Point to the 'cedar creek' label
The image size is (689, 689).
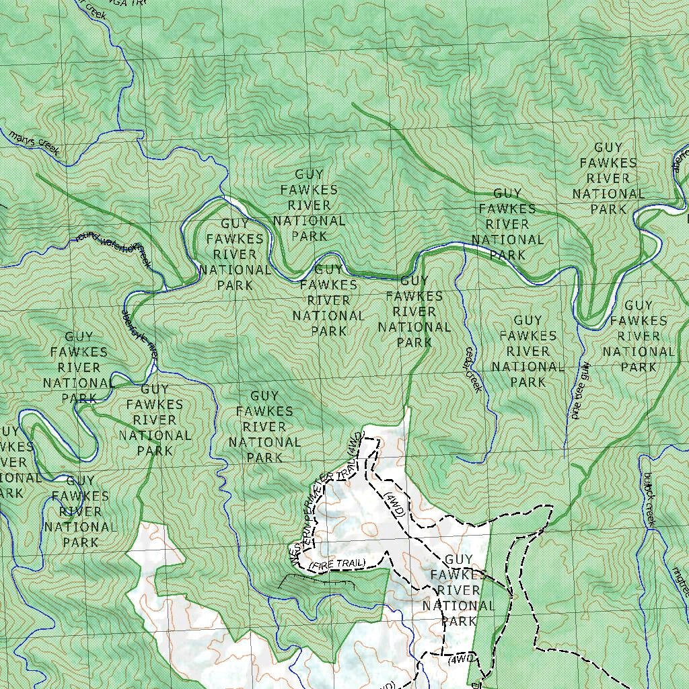coord(473,370)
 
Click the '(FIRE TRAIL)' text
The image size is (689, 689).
coord(337,565)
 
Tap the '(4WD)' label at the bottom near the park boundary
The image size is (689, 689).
coord(462,661)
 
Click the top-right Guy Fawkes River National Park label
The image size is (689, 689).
coord(608,178)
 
